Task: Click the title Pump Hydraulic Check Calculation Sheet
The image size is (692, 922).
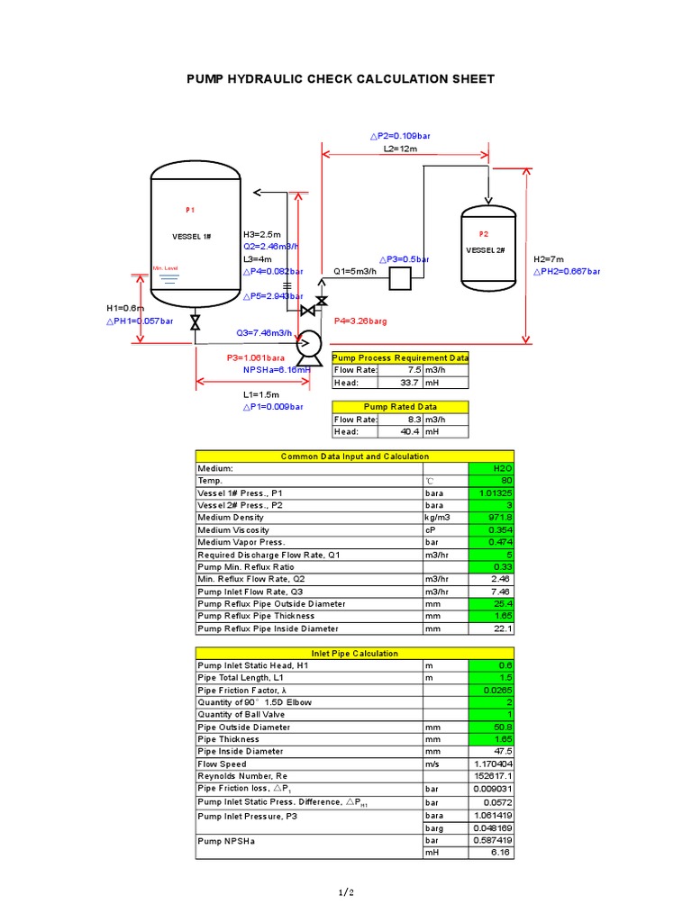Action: (340, 79)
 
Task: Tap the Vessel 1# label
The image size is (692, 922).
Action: (191, 236)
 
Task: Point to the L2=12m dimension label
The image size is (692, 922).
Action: (400, 149)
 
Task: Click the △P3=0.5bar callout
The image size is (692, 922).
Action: (404, 259)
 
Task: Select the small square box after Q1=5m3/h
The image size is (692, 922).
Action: (400, 280)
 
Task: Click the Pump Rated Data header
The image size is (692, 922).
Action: (400, 407)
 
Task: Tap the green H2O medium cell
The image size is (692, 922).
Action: (491, 468)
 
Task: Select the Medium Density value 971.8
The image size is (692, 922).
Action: (491, 518)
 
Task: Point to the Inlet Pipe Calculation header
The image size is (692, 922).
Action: (355, 653)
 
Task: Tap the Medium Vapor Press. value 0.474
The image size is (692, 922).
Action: (491, 542)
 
